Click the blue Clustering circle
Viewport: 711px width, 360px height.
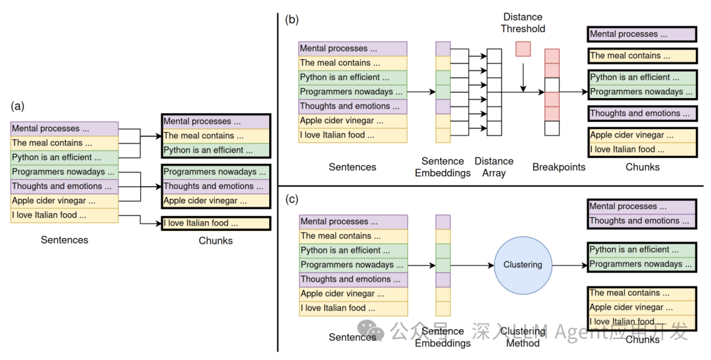click(x=523, y=265)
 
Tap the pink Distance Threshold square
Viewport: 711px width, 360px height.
click(x=523, y=49)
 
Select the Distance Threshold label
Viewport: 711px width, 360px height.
click(x=523, y=22)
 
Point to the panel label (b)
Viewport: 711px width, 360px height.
click(x=292, y=19)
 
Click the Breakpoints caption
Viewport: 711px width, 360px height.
click(x=558, y=167)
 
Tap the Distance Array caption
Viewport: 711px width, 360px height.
click(x=494, y=167)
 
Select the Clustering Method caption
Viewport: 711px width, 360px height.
click(x=523, y=336)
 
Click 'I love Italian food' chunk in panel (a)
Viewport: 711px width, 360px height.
click(x=215, y=223)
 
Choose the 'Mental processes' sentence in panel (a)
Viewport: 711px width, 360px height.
click(x=65, y=128)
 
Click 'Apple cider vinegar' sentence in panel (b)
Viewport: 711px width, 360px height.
click(x=352, y=120)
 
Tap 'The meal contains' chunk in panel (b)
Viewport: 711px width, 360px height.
click(x=642, y=56)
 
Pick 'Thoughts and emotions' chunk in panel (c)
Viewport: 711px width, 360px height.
click(x=642, y=220)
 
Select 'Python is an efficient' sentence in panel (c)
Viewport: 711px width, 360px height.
click(x=354, y=250)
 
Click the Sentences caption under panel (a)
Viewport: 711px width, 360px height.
click(x=65, y=240)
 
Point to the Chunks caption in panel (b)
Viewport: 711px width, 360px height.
click(x=642, y=167)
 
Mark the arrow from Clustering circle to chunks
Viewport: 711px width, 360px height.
click(x=569, y=265)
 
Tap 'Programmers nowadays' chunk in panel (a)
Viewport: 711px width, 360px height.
click(x=215, y=172)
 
